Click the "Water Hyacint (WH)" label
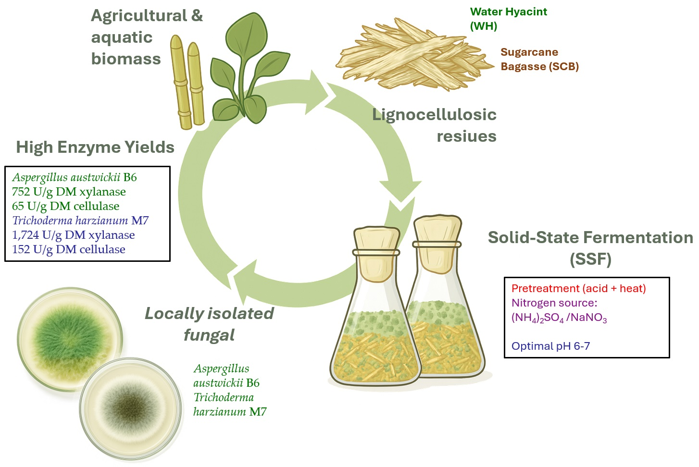pos(508,19)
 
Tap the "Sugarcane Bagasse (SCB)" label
pos(539,59)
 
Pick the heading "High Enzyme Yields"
pos(95,147)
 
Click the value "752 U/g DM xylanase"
pos(69,192)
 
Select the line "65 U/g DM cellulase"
pos(65,206)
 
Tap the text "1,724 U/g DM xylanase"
pos(73,235)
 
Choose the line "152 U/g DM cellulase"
pos(68,249)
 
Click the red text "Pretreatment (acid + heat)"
pos(578,288)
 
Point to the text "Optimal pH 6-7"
pos(550,346)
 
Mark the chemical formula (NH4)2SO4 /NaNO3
pos(559,318)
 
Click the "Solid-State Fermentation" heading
pos(590,238)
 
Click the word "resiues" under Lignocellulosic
pos(466,136)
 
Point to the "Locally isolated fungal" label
pos(209,324)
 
